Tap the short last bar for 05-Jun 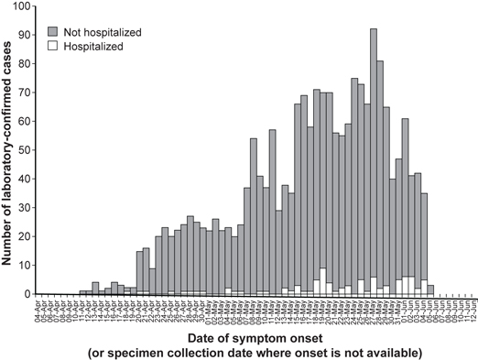[429, 289]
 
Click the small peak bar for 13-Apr [95, 289]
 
